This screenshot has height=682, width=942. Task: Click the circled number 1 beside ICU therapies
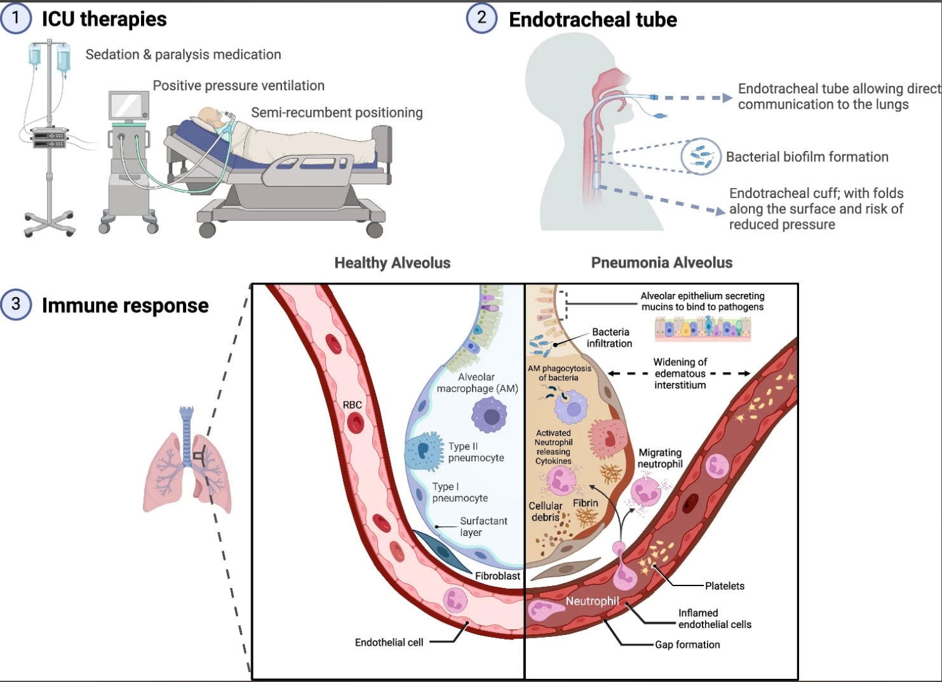15,18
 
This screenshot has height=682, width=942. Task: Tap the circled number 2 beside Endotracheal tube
481,18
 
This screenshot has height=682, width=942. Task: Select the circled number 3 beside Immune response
15,304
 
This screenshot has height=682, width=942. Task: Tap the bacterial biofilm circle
700,156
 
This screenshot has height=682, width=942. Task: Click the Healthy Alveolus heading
393,263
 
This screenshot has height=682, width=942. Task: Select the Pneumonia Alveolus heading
661,262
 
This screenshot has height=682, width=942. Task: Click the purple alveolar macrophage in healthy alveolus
490,415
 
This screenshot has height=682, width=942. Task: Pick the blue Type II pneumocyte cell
424,451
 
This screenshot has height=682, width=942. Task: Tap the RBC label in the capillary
352,405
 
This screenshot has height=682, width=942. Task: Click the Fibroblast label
497,575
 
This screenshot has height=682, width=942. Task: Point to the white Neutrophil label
592,601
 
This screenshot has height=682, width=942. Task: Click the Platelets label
725,585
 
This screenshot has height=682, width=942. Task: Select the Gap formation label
687,645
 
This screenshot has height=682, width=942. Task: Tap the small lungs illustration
187,460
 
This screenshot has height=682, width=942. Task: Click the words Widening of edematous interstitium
680,373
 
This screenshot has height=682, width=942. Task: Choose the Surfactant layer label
483,526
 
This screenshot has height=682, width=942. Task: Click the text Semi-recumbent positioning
337,112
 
